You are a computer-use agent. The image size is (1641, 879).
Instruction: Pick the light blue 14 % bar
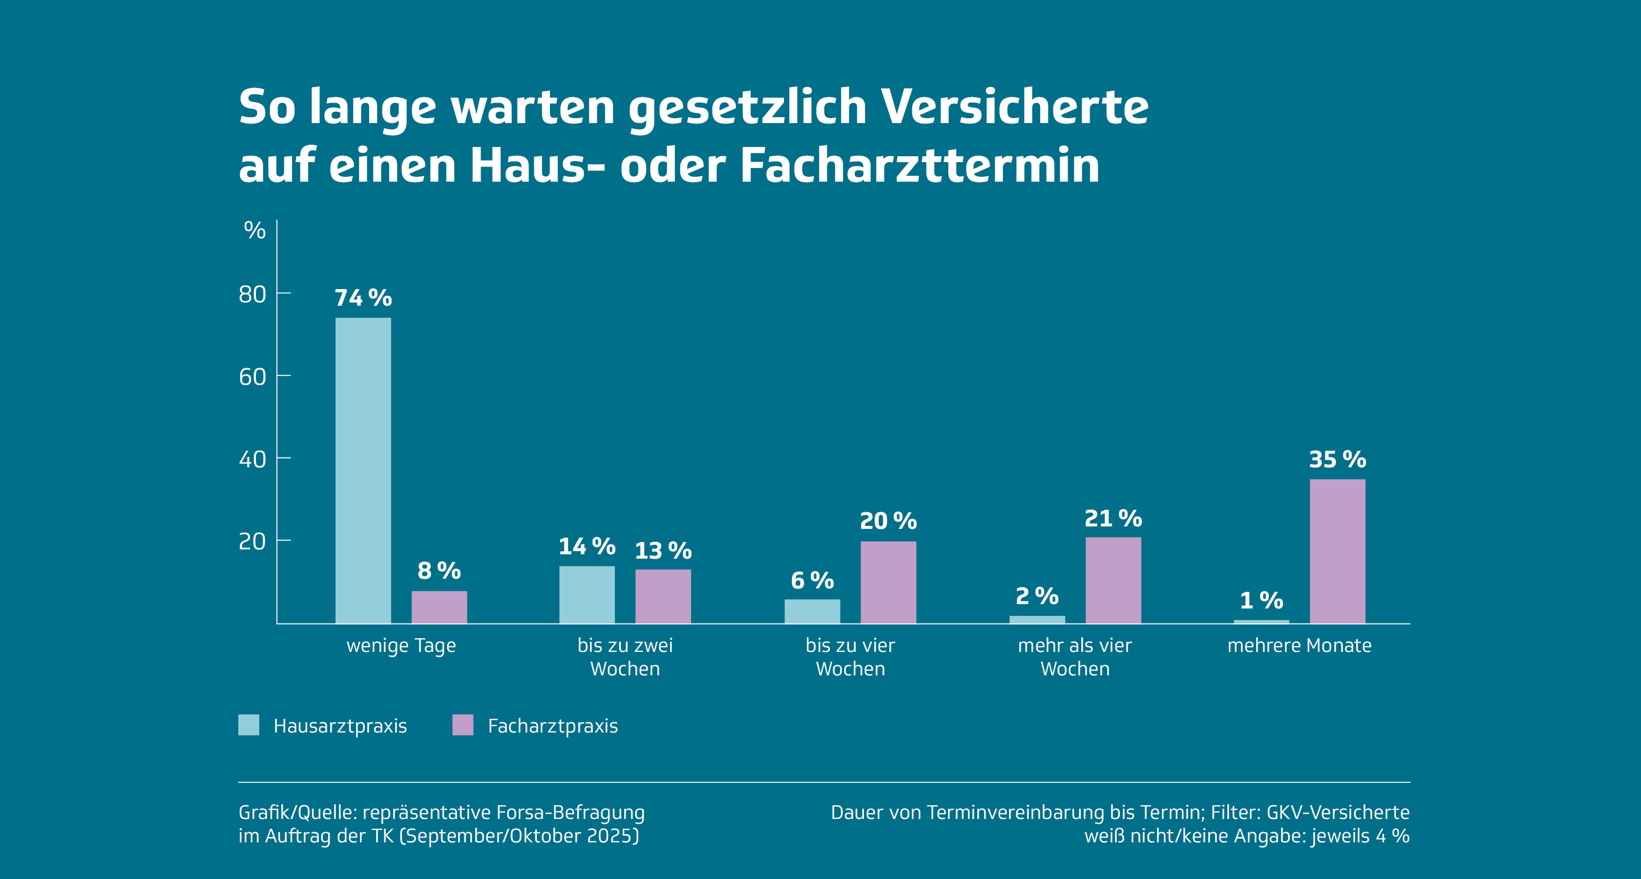587,594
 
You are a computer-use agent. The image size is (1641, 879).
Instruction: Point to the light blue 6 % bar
812,611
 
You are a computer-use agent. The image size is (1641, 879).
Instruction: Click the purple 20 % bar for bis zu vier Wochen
888,582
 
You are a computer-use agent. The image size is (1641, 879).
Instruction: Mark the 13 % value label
663,551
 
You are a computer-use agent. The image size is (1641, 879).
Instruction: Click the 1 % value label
1262,600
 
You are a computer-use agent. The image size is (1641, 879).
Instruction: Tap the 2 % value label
1037,596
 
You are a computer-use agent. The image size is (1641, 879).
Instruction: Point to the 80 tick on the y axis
252,294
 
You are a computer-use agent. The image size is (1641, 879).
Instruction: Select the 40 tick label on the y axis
252,459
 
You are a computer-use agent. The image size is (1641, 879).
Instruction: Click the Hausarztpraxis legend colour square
249,725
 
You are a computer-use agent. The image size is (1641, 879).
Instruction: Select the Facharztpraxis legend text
552,726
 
